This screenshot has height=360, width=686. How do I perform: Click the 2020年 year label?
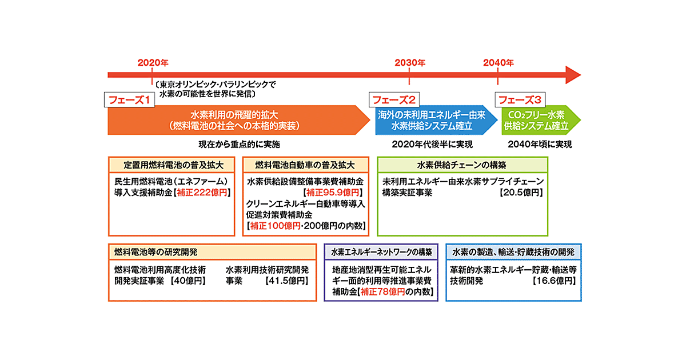click(x=153, y=62)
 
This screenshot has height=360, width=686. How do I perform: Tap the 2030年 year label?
click(x=410, y=62)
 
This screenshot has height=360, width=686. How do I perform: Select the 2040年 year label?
click(x=498, y=62)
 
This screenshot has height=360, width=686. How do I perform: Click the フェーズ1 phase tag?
click(x=130, y=100)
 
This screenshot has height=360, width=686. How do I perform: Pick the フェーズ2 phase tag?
click(x=394, y=100)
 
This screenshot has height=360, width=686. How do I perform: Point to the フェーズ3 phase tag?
click(x=520, y=100)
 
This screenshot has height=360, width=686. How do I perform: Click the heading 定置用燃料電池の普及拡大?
click(x=171, y=165)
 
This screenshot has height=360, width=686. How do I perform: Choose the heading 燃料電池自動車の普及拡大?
click(x=305, y=165)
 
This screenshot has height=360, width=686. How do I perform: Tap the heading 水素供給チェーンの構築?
click(x=462, y=165)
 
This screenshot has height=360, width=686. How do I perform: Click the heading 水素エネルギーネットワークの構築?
click(x=381, y=251)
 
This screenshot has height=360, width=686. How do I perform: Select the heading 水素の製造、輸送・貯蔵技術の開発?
click(x=513, y=251)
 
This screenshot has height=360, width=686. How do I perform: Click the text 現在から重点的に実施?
click(x=240, y=144)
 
